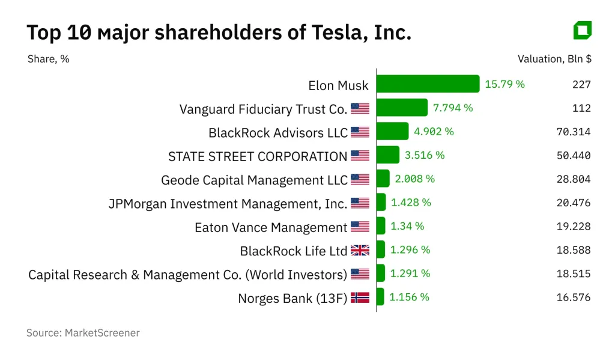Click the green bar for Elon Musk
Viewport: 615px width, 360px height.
click(428, 84)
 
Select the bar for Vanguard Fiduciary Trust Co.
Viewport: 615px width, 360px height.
click(402, 108)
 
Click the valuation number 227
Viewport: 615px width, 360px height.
click(581, 85)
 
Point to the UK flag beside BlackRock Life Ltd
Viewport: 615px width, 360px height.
click(360, 251)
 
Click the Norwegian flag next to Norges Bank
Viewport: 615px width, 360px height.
click(360, 297)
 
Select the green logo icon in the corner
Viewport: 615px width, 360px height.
click(582, 30)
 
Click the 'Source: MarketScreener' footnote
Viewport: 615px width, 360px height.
click(83, 332)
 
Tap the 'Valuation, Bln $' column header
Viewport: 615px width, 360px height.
click(554, 59)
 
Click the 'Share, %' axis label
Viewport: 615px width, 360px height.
click(48, 59)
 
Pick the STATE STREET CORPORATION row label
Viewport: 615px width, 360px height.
click(258, 156)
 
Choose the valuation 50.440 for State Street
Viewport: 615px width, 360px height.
click(574, 156)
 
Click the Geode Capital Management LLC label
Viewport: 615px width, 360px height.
click(254, 180)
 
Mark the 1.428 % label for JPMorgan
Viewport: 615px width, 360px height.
click(411, 203)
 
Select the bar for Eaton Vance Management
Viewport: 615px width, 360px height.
click(381, 226)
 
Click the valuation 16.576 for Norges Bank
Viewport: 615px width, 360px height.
click(574, 297)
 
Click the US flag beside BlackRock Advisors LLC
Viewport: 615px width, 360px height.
click(360, 132)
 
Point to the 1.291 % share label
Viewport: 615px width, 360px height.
click(410, 273)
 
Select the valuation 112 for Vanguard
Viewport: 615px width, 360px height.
click(581, 108)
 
